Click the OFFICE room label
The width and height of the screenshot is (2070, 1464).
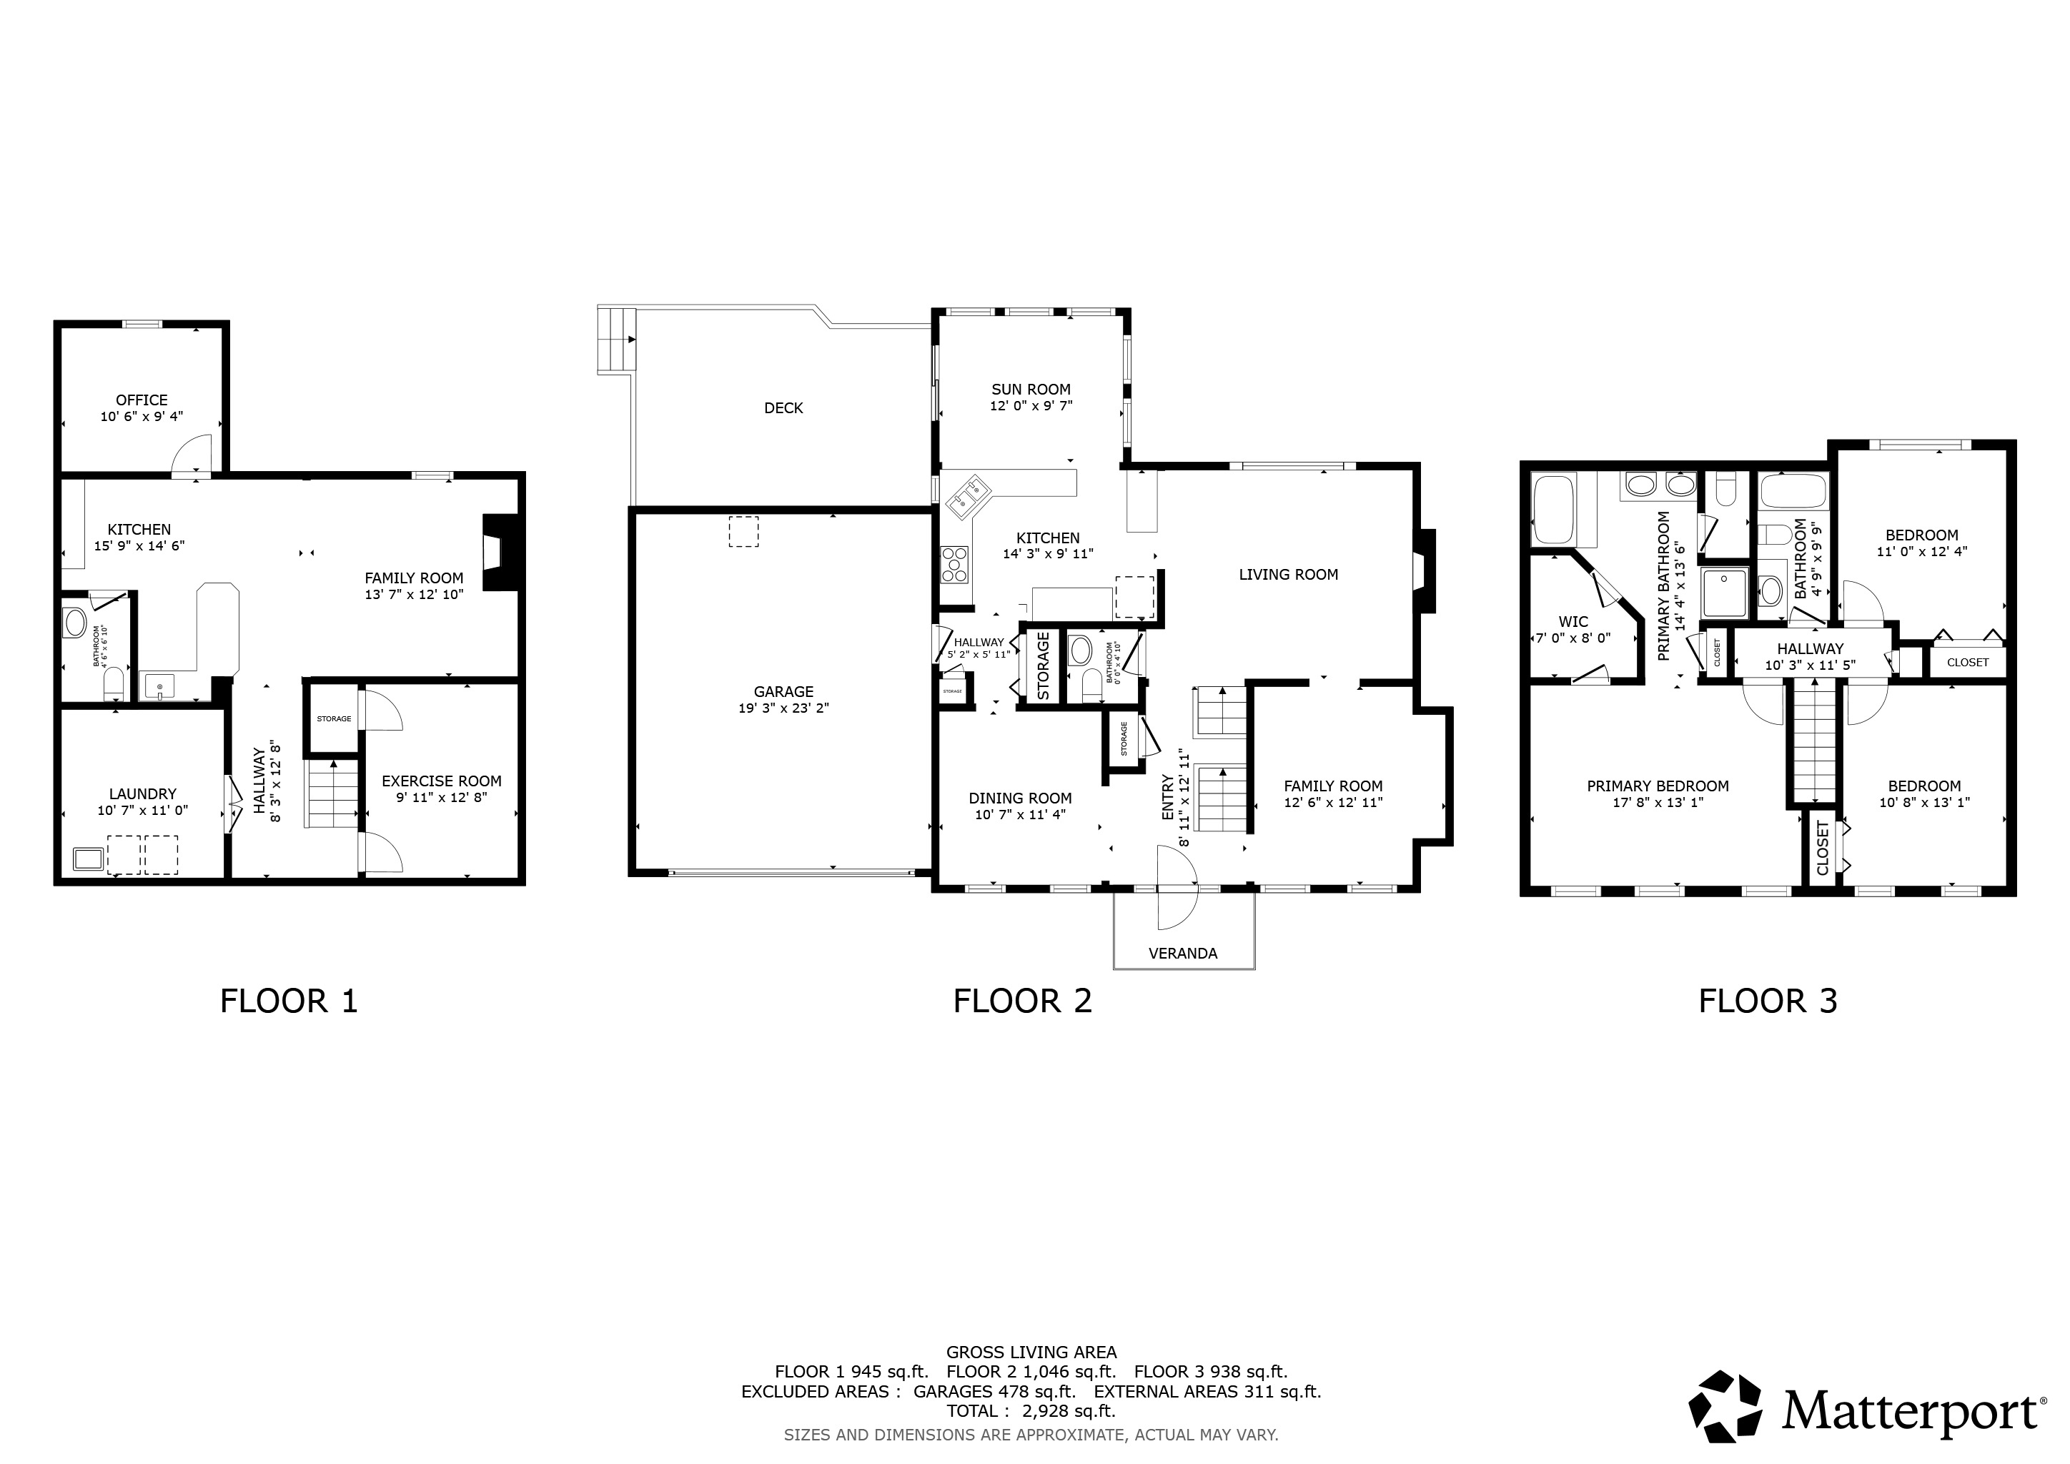click(142, 400)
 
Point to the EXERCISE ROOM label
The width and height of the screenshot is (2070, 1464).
click(442, 781)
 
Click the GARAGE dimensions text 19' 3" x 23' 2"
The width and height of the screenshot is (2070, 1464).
click(783, 708)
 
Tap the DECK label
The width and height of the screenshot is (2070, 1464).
click(783, 408)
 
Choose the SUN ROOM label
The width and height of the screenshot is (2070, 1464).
click(1031, 390)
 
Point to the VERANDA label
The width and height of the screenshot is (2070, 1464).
click(1183, 954)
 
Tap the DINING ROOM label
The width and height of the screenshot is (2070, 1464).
click(1021, 798)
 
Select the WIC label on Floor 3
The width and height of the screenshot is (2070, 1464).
click(1573, 622)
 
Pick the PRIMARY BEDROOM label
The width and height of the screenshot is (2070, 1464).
click(1658, 786)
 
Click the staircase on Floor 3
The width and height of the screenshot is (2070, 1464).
click(1811, 740)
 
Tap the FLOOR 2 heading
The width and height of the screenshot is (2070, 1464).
click(1022, 1001)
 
